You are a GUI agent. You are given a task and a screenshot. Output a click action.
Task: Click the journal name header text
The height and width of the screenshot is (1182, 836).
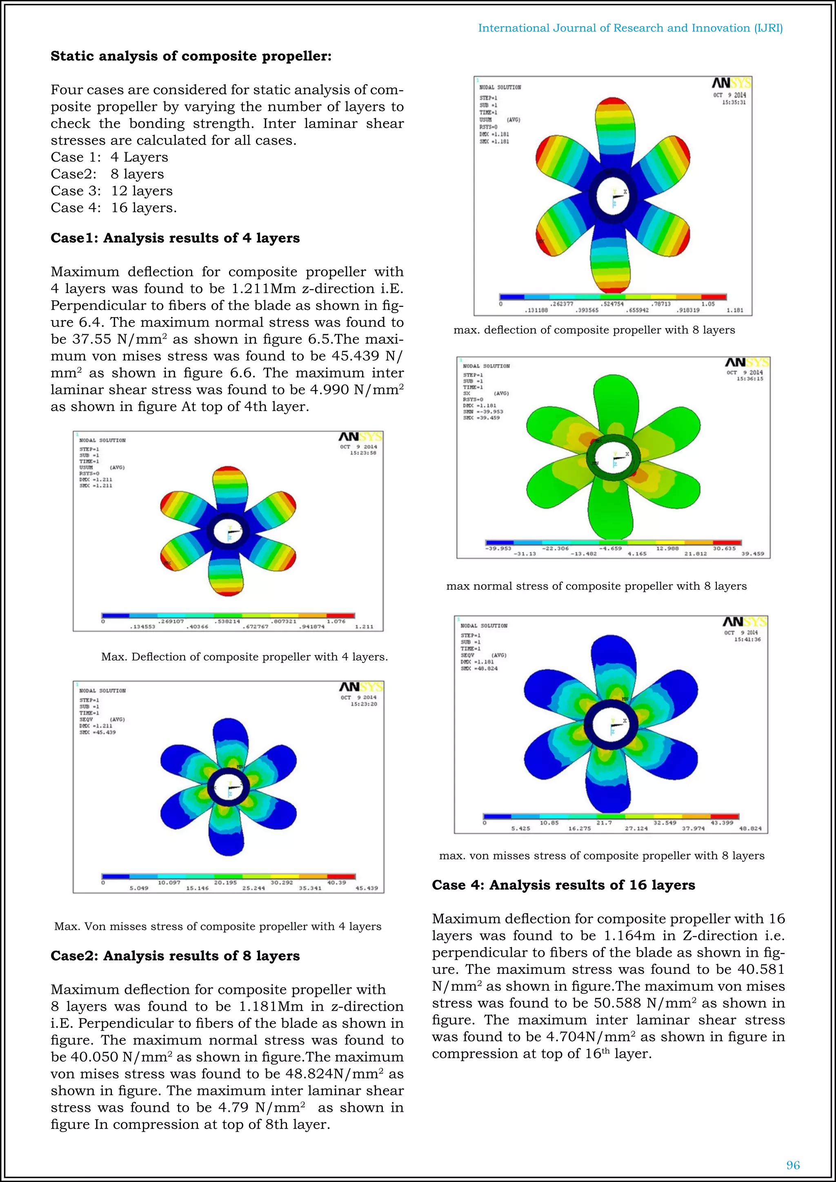click(x=630, y=28)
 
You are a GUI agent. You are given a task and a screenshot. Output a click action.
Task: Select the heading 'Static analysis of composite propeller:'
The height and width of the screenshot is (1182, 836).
click(x=191, y=56)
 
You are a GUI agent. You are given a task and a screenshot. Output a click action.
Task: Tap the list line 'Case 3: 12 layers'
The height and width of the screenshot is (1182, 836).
click(x=112, y=191)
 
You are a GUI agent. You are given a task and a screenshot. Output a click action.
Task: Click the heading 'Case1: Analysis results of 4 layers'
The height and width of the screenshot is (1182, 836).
click(x=175, y=238)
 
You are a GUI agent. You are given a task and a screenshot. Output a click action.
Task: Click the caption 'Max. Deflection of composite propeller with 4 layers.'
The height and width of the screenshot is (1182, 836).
click(x=245, y=657)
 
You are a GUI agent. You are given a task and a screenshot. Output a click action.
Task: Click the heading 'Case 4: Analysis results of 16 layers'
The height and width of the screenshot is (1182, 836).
click(x=563, y=885)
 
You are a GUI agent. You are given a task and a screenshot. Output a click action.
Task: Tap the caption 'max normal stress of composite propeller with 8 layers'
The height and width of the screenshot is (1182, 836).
click(x=596, y=587)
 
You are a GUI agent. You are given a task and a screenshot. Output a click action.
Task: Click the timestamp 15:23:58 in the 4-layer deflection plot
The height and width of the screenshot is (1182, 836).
click(x=363, y=453)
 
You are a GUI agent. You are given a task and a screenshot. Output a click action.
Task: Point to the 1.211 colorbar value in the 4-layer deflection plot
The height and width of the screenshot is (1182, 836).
click(x=364, y=627)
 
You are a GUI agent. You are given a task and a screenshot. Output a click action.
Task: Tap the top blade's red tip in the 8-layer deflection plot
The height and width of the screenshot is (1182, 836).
click(x=613, y=103)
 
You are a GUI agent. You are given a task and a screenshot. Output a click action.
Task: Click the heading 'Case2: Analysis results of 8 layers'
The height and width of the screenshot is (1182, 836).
click(x=175, y=956)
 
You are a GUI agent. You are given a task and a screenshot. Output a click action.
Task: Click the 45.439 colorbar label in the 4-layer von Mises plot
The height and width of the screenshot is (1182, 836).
click(x=367, y=888)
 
